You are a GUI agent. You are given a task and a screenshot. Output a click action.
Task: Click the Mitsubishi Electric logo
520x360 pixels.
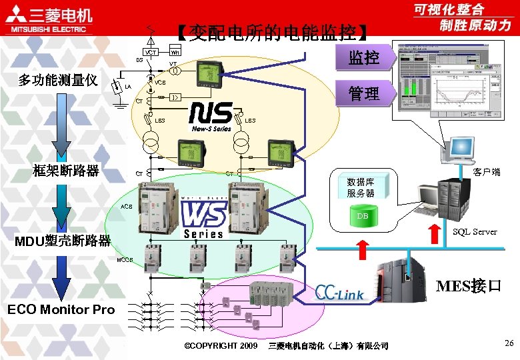[x=51, y=21]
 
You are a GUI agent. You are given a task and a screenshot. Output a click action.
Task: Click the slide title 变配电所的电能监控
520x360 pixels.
[x=270, y=33]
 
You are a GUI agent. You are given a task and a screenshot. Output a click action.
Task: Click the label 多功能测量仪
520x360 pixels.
[x=58, y=81]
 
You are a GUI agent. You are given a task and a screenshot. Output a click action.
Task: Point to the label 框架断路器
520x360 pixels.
[x=66, y=171]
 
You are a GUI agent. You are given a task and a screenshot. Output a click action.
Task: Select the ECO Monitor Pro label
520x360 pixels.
[x=61, y=309]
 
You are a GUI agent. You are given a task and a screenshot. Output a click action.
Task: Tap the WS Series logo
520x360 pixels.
[x=203, y=220]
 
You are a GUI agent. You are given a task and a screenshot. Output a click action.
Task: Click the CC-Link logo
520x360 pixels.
[x=339, y=293]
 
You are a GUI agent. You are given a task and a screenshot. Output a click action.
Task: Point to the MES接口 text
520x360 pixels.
[x=468, y=287]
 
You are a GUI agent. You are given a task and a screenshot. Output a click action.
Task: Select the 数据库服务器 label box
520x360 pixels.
[x=361, y=187]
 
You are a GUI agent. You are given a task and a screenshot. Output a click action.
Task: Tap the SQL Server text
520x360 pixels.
[x=474, y=231]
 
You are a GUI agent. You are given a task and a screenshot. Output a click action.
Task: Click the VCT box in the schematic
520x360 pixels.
[x=151, y=53]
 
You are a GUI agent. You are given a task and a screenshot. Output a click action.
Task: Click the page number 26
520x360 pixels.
[x=509, y=343]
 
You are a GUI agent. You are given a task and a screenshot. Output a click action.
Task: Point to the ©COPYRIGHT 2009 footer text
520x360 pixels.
[x=220, y=346]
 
